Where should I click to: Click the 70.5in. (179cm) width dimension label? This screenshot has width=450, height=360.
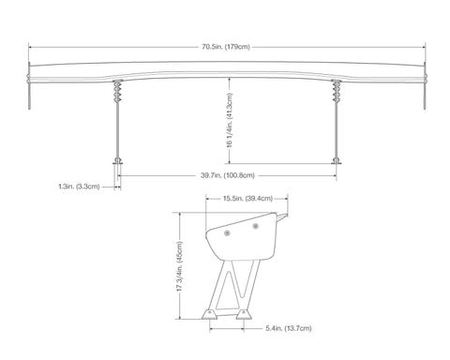tap(226, 47)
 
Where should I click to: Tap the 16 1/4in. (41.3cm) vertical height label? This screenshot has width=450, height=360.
tap(230, 120)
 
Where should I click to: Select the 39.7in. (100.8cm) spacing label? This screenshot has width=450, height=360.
tap(228, 175)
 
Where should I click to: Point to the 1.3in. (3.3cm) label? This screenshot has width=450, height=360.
tap(79, 187)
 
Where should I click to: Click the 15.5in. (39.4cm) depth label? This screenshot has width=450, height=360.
tap(247, 199)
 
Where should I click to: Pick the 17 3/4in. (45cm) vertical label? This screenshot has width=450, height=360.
tap(179, 266)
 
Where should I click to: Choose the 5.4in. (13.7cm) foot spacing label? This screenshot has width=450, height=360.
tap(289, 328)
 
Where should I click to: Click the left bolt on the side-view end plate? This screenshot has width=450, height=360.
tap(227, 232)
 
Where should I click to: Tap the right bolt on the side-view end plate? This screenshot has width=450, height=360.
tap(256, 226)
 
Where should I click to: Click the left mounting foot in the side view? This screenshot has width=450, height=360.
tap(209, 314)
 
